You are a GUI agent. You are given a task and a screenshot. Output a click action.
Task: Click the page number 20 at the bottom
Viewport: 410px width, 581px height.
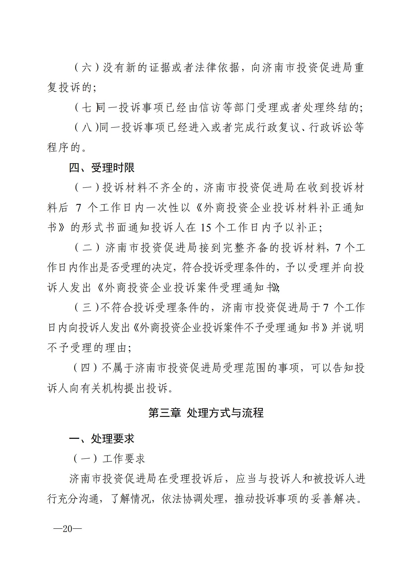pyautogui.click(x=67, y=529)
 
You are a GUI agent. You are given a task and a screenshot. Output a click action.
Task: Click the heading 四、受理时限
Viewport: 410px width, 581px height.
pyautogui.click(x=101, y=168)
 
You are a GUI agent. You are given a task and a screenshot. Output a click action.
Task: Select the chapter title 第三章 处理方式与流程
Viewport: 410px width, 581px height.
pyautogui.click(x=206, y=413)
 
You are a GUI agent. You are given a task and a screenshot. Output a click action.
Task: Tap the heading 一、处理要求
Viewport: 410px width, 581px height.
pyautogui.click(x=101, y=438)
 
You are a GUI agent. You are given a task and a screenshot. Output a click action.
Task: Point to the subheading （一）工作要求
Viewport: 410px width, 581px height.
pyautogui.click(x=109, y=459)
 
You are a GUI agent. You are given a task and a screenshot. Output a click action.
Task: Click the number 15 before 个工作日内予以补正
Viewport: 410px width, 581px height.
pyautogui.click(x=205, y=228)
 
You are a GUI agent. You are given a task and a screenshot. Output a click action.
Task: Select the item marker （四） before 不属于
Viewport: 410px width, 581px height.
pyautogui.click(x=85, y=368)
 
